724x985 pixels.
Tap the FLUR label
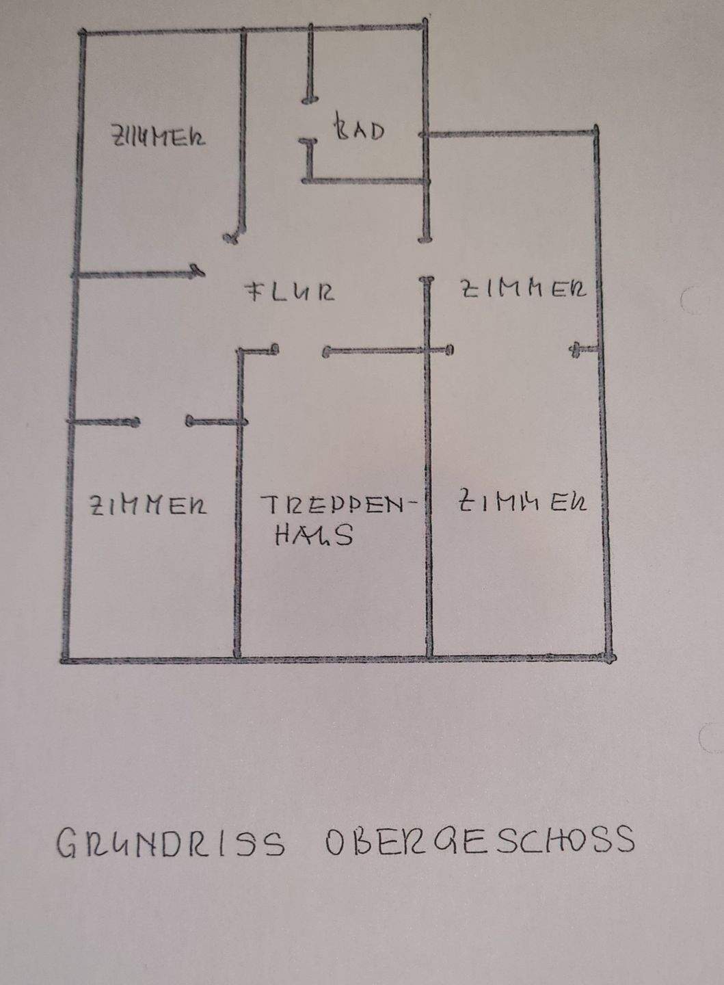pyautogui.click(x=290, y=292)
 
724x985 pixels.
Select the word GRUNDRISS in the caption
pyautogui.click(x=170, y=843)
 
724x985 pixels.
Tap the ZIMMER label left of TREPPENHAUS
pyautogui.click(x=148, y=505)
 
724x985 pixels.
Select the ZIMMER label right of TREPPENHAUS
pyautogui.click(x=522, y=501)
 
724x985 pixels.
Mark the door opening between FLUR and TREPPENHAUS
pyautogui.click(x=299, y=352)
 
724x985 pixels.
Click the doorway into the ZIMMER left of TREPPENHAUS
pyautogui.click(x=163, y=422)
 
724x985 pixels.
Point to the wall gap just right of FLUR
pyautogui.click(x=427, y=259)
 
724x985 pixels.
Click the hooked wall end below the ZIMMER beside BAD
pyautogui.click(x=232, y=236)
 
